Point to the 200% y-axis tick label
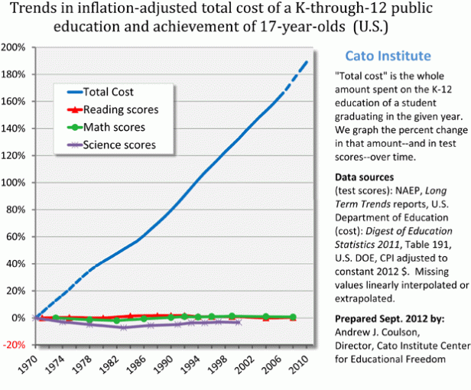(16, 47)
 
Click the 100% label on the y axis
(16, 183)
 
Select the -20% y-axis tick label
(16, 345)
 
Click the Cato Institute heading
(388, 56)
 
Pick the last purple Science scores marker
(240, 323)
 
